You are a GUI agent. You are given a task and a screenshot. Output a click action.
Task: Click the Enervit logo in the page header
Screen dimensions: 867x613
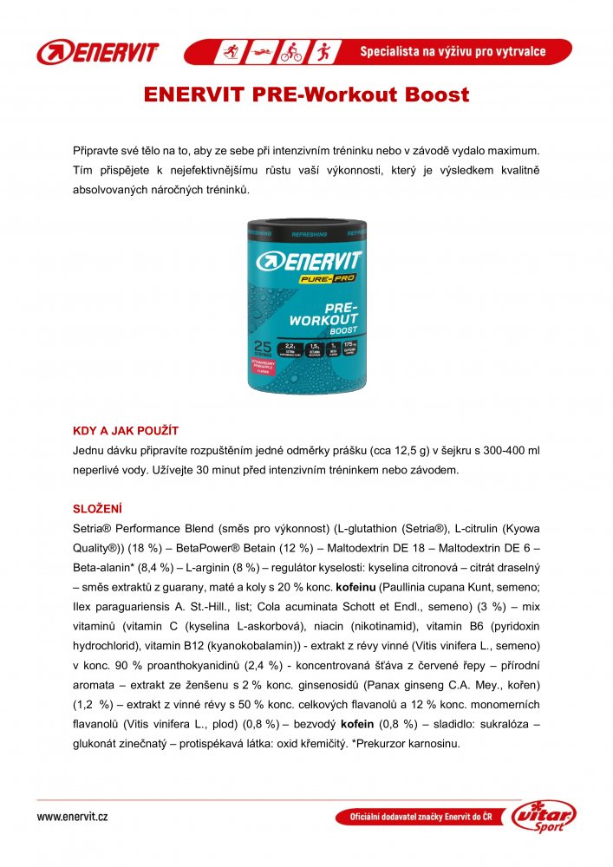(x=97, y=52)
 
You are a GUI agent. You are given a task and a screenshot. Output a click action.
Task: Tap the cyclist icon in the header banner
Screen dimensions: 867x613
(x=290, y=52)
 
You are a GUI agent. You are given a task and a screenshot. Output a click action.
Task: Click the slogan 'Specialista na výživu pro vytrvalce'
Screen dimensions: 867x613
(x=453, y=52)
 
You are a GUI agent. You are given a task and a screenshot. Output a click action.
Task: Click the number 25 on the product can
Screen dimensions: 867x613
(x=263, y=345)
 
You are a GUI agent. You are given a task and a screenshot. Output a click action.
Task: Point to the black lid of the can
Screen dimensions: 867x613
(x=306, y=227)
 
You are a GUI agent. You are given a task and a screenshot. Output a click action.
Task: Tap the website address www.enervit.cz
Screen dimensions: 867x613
(x=72, y=817)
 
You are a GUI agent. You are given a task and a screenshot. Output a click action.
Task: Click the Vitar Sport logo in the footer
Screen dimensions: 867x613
(x=544, y=818)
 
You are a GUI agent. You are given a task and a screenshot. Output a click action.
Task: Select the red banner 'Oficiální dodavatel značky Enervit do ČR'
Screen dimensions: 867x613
(x=421, y=818)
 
